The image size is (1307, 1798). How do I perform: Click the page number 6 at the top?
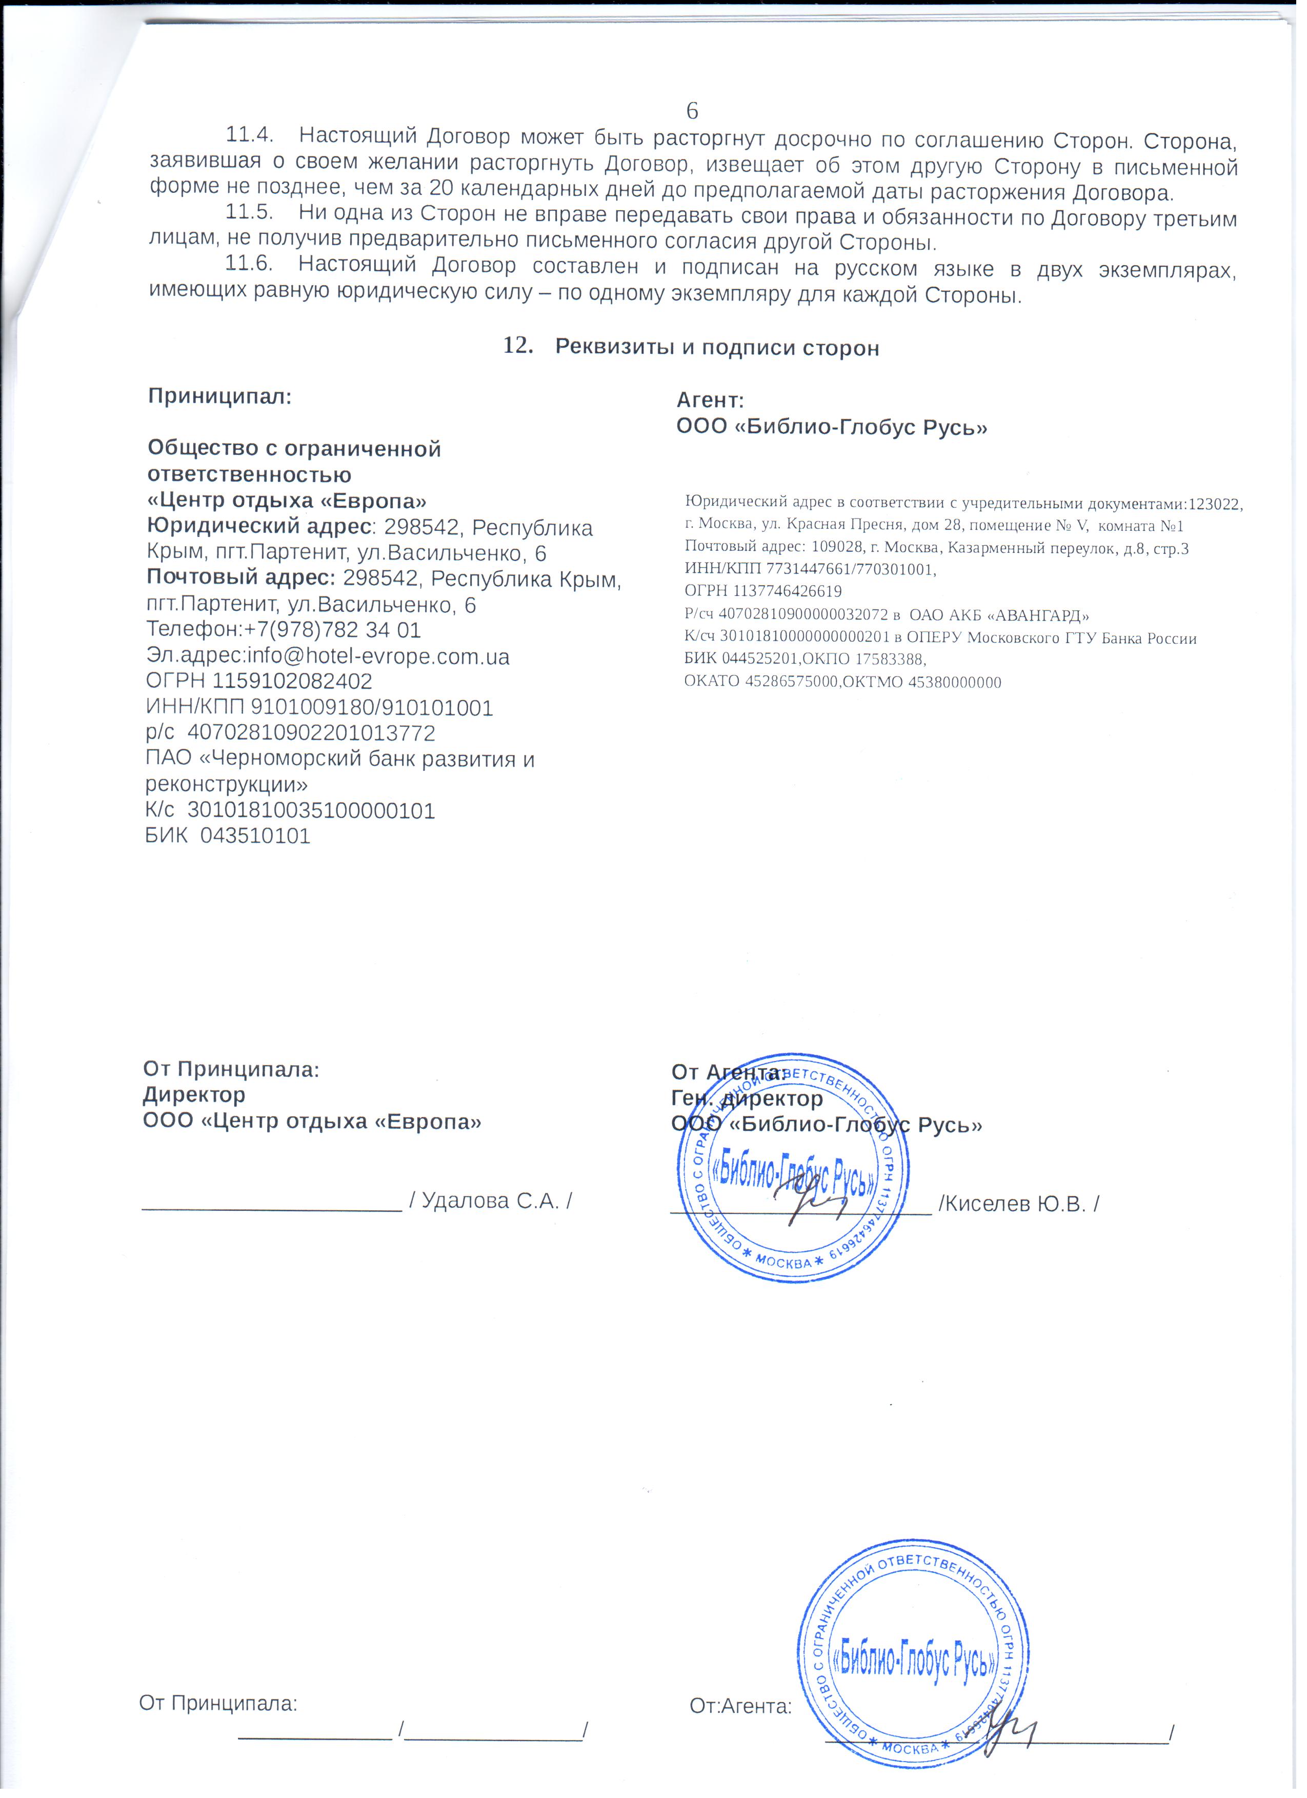pos(691,110)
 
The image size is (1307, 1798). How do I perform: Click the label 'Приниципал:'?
pos(219,396)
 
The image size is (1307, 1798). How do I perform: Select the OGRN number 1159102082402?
pos(292,682)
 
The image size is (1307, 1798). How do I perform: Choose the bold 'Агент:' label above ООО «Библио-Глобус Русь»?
pos(709,401)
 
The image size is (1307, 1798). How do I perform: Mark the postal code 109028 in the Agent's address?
pos(835,549)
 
